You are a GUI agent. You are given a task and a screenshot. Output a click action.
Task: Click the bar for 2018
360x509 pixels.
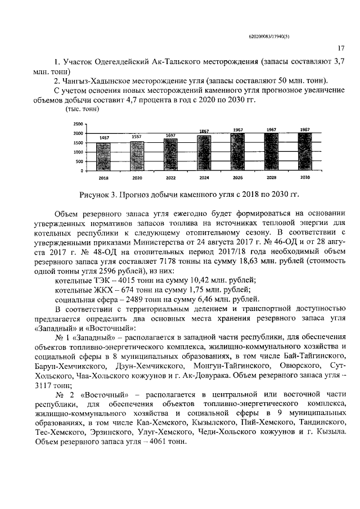104,156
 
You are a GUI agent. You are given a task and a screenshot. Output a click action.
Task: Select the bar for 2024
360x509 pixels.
204,152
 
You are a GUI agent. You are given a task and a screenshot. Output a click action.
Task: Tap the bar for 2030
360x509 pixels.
304,151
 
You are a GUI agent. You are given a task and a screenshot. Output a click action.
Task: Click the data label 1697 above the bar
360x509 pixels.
170,136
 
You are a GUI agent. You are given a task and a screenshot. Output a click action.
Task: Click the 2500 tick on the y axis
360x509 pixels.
78,124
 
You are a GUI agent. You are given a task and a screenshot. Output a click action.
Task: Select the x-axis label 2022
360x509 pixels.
170,178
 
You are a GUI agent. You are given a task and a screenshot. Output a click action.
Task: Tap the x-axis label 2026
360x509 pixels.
237,178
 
